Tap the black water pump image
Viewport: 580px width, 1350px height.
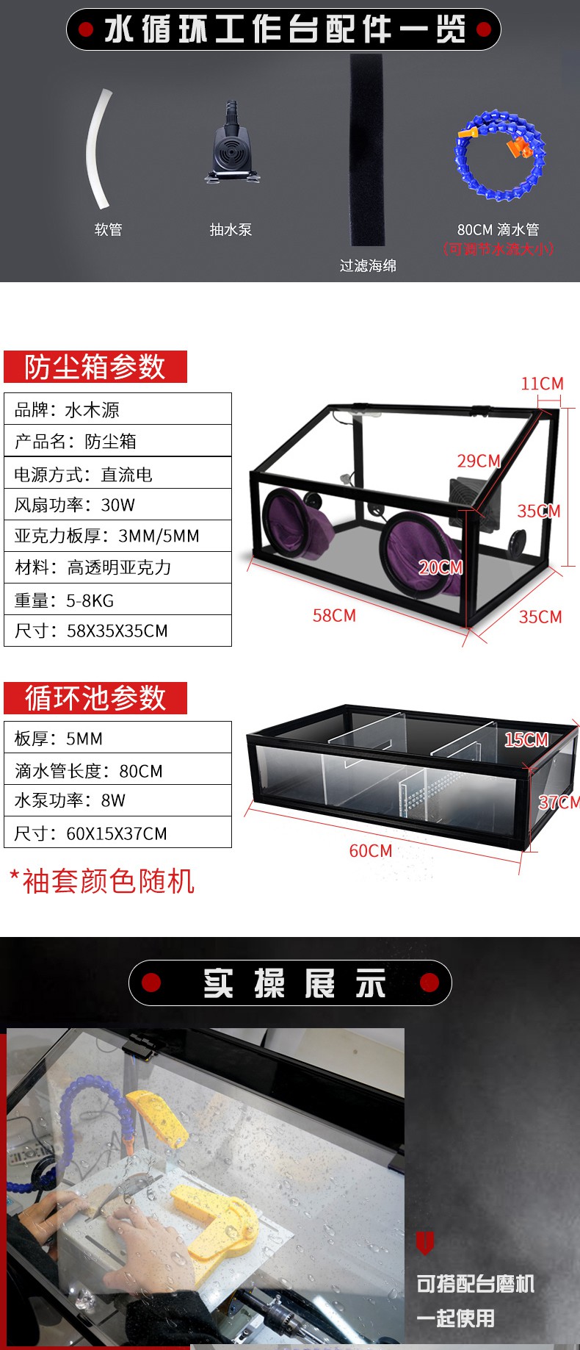point(232,144)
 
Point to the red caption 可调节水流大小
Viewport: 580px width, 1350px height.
point(498,248)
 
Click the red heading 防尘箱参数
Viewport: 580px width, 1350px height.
point(95,367)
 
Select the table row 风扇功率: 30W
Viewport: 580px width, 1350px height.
point(117,504)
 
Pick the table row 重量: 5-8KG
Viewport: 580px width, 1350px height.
point(117,600)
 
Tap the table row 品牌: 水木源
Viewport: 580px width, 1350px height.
point(117,409)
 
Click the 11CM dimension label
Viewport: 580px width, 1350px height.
point(543,384)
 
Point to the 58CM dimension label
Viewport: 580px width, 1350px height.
point(334,615)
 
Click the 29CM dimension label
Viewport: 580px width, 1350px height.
point(479,461)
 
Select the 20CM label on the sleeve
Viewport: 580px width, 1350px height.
point(441,567)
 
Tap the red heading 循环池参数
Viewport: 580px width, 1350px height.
point(95,698)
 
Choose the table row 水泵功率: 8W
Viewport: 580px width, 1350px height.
point(117,800)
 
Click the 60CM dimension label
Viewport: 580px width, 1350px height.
point(371,851)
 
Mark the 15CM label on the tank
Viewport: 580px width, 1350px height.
point(526,739)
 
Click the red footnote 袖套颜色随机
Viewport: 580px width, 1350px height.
point(102,881)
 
